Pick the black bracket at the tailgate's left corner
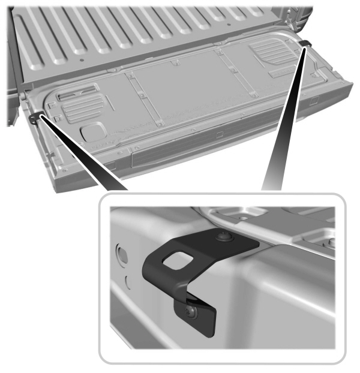[x=40, y=117]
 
